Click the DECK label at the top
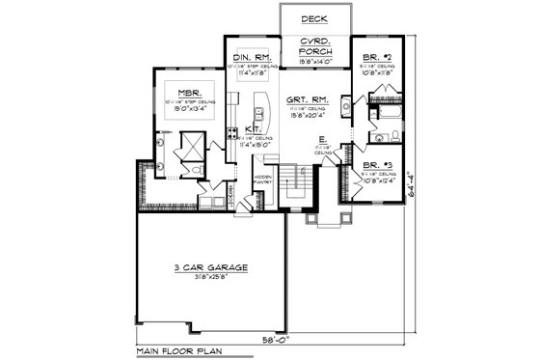point(311,18)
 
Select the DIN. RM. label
point(253,59)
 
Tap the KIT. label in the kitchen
point(250,128)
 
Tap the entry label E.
point(322,139)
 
